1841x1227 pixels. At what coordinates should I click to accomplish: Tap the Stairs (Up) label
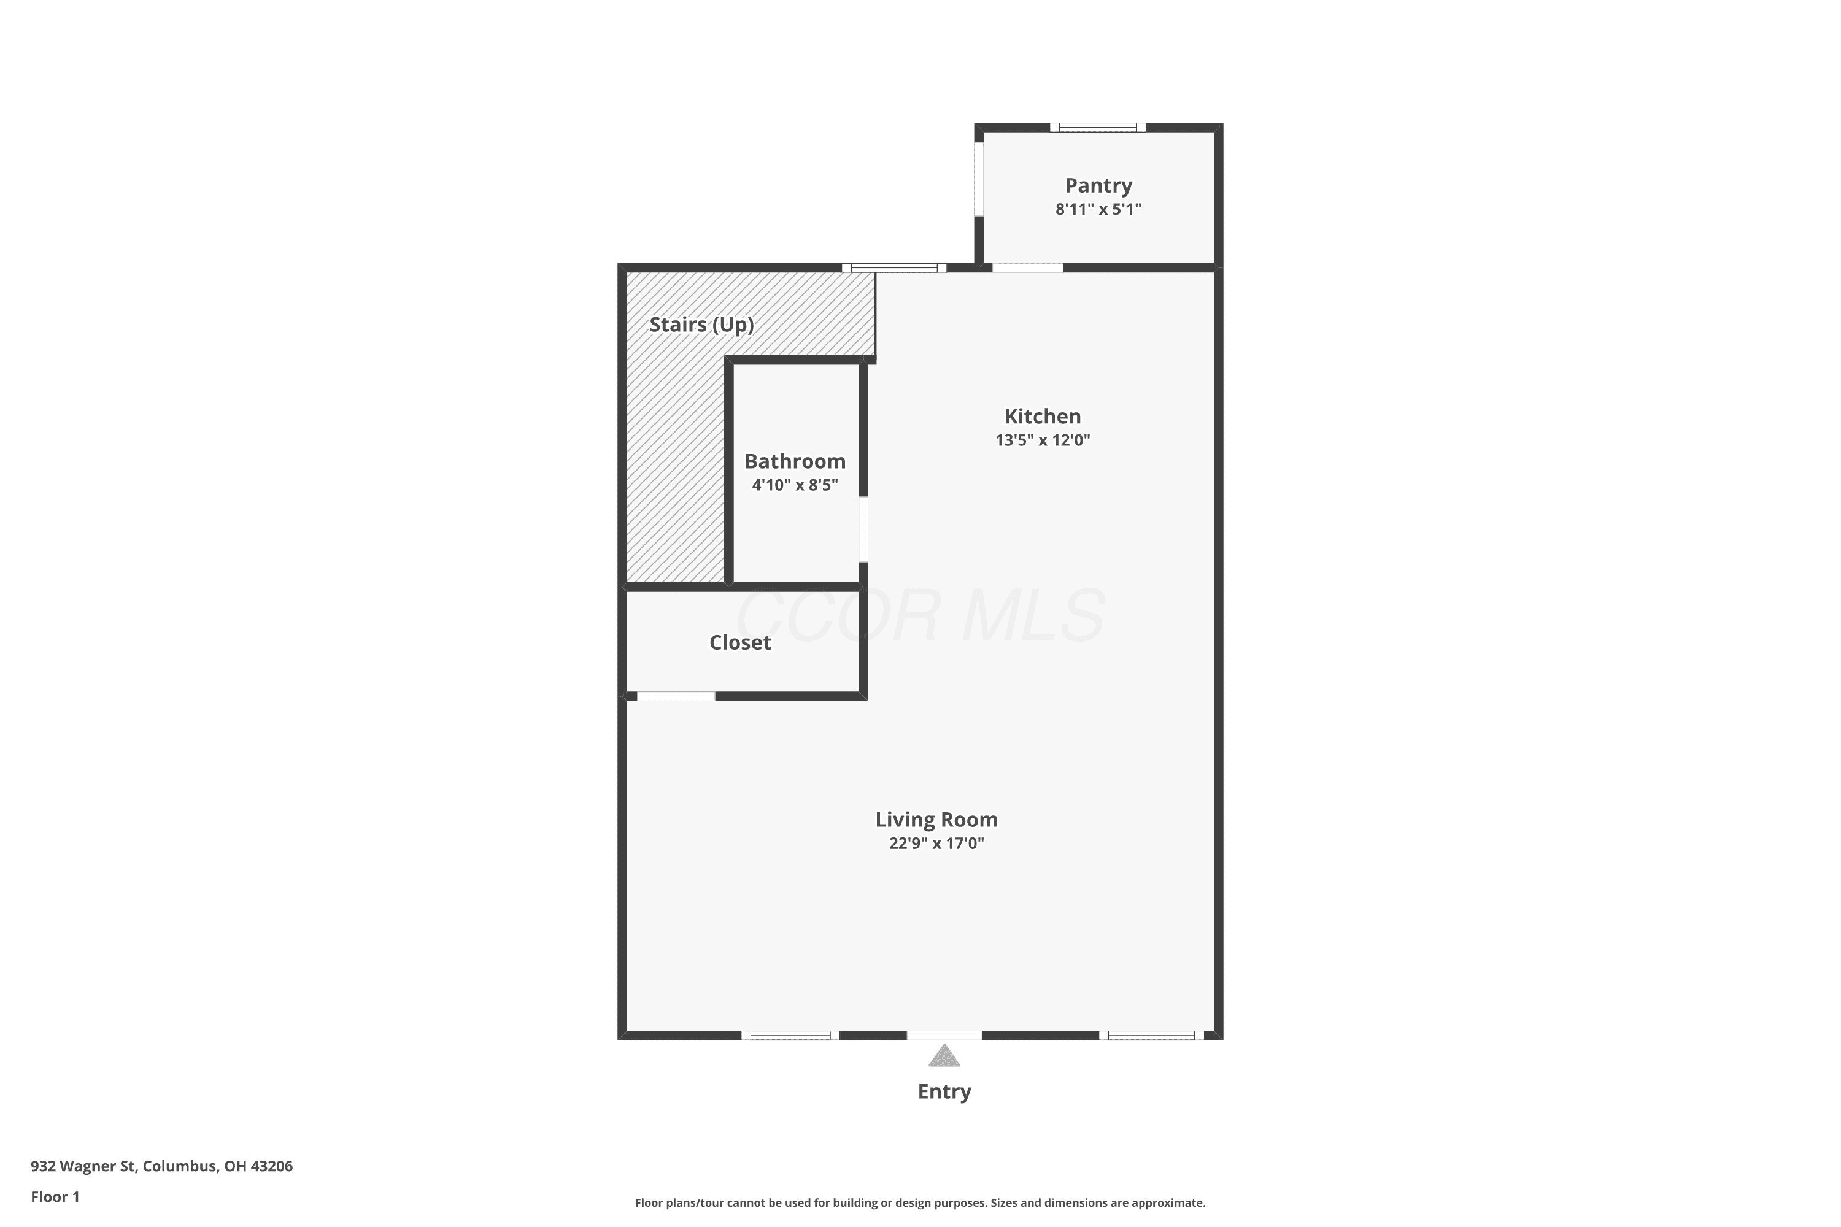tap(701, 325)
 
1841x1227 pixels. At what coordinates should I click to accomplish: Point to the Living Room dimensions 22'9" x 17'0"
tap(936, 843)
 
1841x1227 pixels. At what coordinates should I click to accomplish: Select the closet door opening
tap(676, 696)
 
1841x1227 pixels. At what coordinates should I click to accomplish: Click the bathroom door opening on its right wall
tap(863, 529)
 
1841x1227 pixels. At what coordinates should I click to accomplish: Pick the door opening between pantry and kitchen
tap(1028, 267)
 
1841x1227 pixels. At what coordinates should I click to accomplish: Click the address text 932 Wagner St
tap(83, 1166)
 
